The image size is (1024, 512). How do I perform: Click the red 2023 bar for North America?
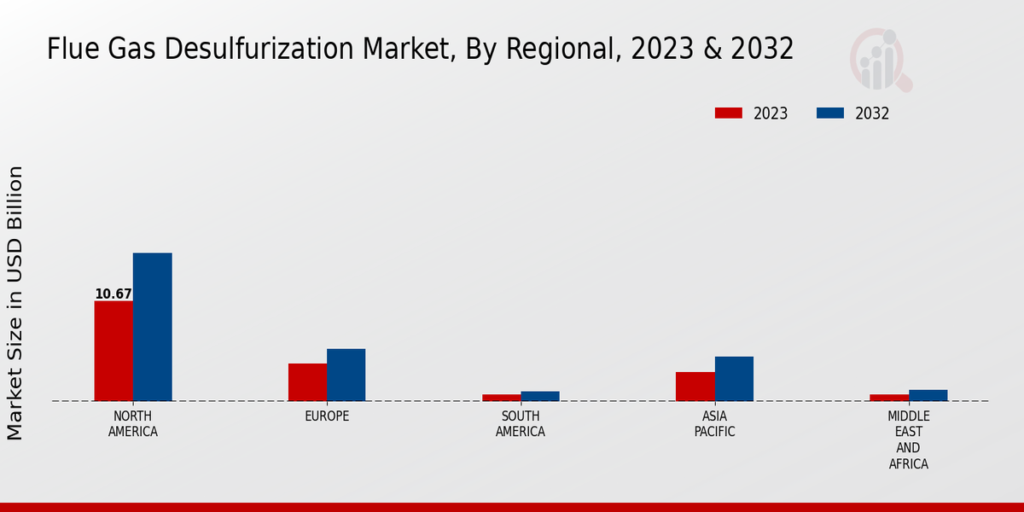(113, 351)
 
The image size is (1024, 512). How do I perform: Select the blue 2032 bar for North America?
(152, 327)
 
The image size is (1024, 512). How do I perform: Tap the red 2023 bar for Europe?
(307, 382)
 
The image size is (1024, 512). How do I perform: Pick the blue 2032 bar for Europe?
(346, 375)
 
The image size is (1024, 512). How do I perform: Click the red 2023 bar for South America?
(501, 398)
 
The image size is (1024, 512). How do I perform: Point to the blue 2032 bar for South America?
(540, 396)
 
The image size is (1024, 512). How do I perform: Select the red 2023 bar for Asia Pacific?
(695, 387)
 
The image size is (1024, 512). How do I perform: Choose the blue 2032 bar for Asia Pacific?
(734, 379)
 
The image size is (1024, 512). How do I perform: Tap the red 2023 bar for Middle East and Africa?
(889, 398)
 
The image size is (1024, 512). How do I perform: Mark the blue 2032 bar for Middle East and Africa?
(928, 395)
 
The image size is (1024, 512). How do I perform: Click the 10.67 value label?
(113, 294)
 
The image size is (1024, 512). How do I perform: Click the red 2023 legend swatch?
(729, 113)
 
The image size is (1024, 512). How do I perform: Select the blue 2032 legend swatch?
(830, 113)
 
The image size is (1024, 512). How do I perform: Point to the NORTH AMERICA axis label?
(132, 424)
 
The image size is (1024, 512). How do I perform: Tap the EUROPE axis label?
(327, 416)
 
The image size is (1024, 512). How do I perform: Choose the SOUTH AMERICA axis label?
(521, 424)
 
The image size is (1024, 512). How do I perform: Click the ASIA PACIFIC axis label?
(714, 424)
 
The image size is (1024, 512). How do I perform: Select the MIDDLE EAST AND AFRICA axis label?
(908, 440)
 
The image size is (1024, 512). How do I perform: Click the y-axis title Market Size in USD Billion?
(15, 303)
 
